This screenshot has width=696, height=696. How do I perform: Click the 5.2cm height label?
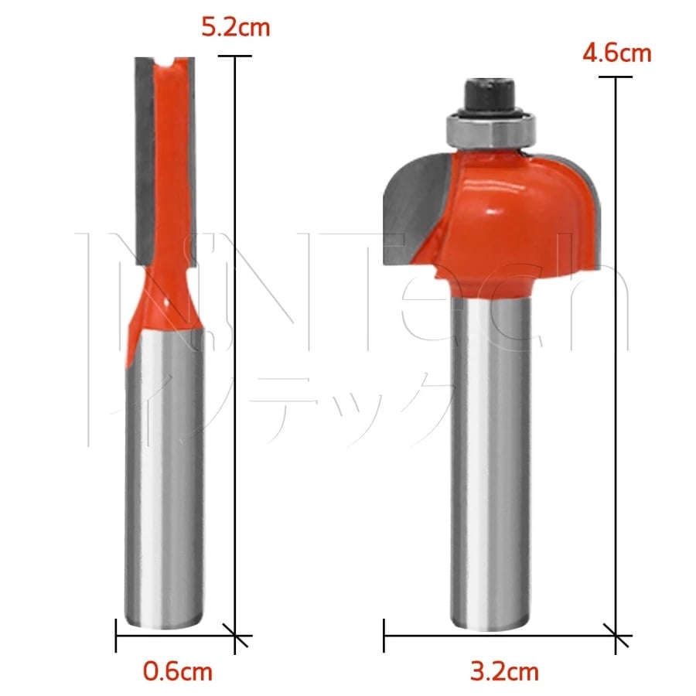(235, 28)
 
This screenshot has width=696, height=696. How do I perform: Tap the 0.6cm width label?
(178, 670)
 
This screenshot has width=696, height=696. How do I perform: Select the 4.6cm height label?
(616, 53)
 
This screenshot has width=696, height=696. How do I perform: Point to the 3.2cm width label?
(505, 671)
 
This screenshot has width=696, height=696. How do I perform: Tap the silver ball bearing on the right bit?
(491, 131)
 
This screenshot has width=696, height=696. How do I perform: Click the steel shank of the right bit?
(490, 462)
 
